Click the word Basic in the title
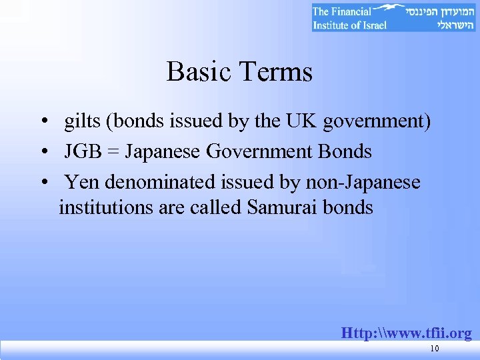coord(198,72)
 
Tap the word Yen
coord(82,181)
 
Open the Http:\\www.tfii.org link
coord(406,333)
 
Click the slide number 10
coord(435,349)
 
